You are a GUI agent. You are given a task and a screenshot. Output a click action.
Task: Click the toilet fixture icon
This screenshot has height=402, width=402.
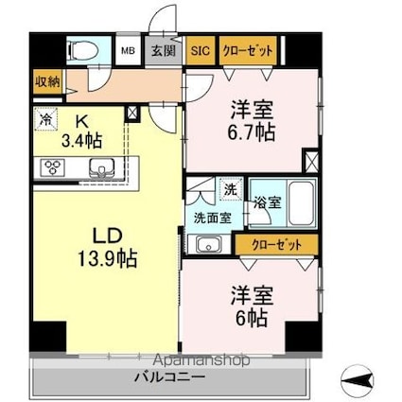pyautogui.click(x=79, y=50)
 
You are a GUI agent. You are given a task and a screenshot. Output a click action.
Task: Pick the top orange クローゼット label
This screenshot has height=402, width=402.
pyautogui.click(x=250, y=51)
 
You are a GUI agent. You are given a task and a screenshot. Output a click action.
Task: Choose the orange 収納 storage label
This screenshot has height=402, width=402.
pyautogui.click(x=47, y=82)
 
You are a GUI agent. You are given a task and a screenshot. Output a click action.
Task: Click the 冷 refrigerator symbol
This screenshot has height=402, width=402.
pyautogui.click(x=46, y=120)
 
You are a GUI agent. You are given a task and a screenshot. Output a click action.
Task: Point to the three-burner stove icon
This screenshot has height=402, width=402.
pyautogui.click(x=52, y=168)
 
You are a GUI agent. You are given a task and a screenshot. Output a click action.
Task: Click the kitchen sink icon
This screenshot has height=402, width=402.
pyautogui.click(x=102, y=168)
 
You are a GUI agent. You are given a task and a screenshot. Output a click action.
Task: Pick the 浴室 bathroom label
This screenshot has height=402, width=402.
pyautogui.click(x=267, y=202)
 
